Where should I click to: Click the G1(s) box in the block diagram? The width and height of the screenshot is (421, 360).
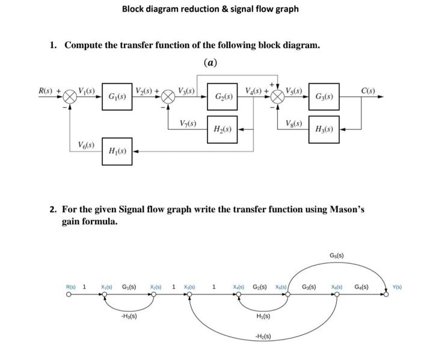(x=117, y=96)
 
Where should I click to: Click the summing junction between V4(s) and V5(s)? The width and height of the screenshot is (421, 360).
(x=277, y=96)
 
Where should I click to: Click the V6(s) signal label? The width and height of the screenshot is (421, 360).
(x=85, y=144)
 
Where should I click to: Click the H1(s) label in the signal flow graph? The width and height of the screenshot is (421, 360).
(x=263, y=316)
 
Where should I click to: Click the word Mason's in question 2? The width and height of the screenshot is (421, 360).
(x=347, y=210)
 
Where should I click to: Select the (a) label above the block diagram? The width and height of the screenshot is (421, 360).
(x=210, y=63)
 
